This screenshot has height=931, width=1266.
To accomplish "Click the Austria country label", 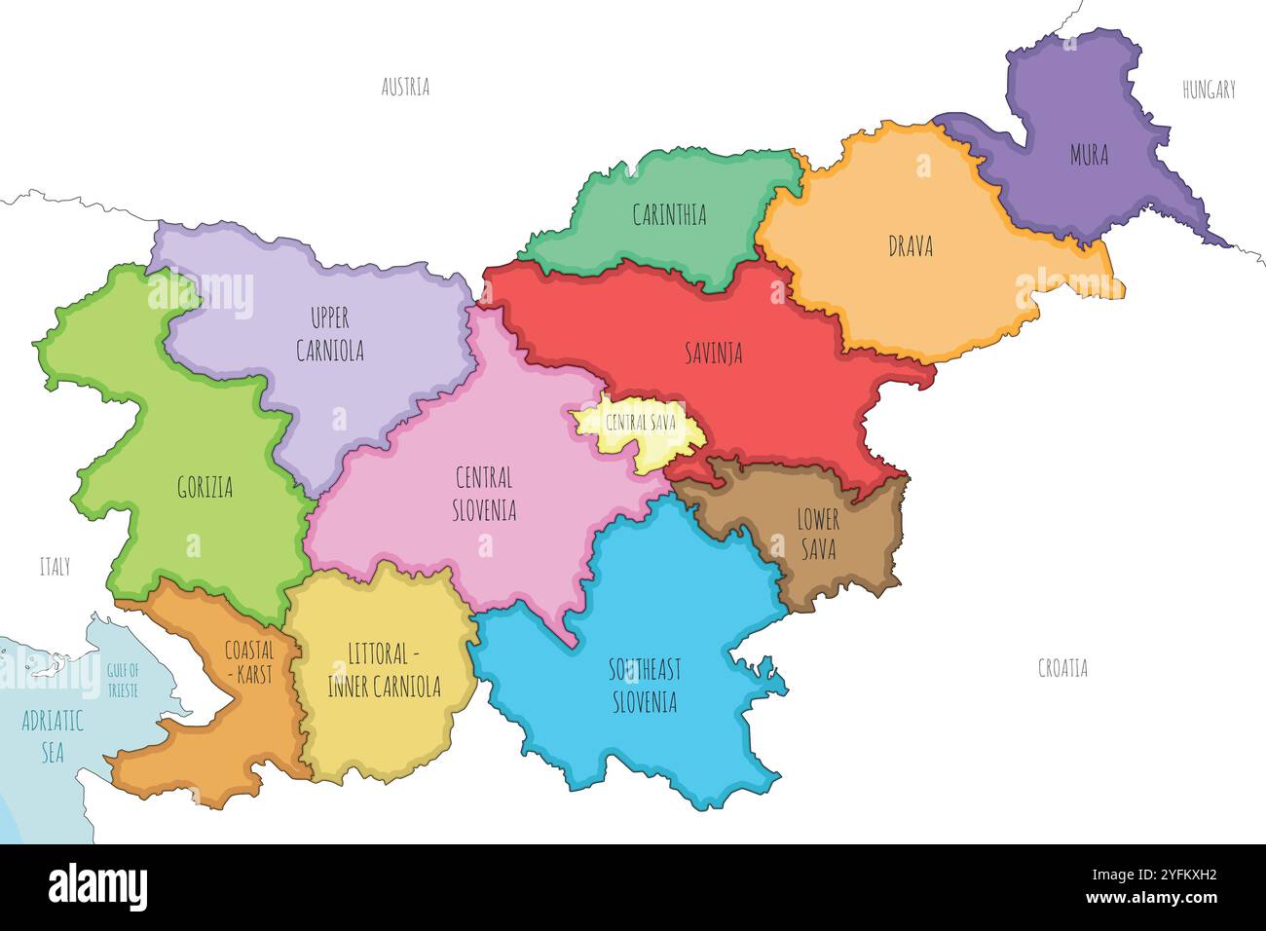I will click(405, 87).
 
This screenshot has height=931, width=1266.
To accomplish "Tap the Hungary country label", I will click(1209, 90).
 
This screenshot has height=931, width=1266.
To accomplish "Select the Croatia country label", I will click(1061, 668).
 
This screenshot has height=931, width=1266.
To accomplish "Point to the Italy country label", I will click(55, 567).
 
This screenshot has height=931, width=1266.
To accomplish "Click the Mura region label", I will click(1088, 155).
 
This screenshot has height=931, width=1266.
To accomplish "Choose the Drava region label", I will click(910, 246).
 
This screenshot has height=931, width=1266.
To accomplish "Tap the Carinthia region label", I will click(669, 214).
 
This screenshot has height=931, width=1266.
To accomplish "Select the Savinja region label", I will click(712, 353).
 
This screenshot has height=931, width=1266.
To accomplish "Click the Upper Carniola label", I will click(330, 334).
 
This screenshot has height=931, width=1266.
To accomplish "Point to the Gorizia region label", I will click(205, 487).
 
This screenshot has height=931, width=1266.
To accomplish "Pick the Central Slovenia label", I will click(484, 494).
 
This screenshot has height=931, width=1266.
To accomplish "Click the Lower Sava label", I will click(818, 534).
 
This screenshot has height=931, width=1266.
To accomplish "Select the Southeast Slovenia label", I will click(645, 685).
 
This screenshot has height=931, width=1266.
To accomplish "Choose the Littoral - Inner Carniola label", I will click(384, 670).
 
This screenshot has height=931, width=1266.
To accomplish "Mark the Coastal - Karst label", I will click(249, 661).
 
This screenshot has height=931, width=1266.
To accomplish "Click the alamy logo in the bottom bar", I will click(97, 887).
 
